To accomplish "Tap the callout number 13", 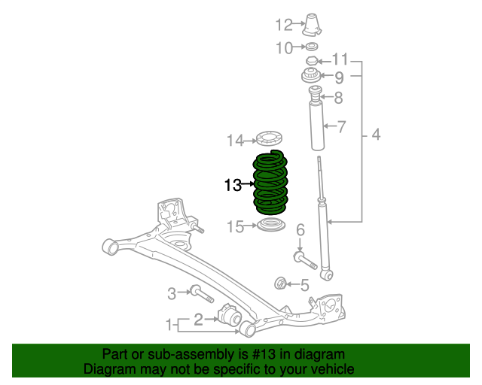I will (232, 184).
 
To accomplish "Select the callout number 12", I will (283, 26).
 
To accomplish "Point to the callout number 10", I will (283, 48).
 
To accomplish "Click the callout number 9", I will (339, 77).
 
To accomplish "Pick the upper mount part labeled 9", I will (310, 76).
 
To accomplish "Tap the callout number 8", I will (338, 97).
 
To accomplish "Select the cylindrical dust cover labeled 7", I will (316, 128).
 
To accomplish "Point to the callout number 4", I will (375, 135).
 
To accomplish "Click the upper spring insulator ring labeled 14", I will (269, 139).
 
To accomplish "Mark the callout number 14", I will (236, 140).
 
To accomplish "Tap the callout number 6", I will (299, 229).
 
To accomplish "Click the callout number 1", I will (169, 325).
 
